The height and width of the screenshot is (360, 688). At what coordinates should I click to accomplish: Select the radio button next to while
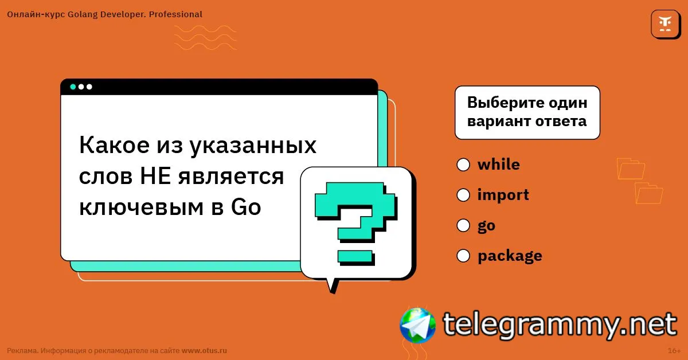point(463,165)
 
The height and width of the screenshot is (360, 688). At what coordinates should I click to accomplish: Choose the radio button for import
point(463,195)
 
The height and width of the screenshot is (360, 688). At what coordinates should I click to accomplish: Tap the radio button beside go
point(463,225)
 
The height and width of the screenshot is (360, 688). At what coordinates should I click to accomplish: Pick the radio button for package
point(463,256)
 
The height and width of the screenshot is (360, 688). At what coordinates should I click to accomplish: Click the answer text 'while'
point(498,164)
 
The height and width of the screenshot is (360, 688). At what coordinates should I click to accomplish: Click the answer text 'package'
point(510,256)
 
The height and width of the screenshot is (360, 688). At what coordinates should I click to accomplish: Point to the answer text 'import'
point(503,195)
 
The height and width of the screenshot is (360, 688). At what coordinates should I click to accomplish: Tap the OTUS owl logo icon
point(665,24)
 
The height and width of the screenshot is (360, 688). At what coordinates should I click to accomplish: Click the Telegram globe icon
point(418,325)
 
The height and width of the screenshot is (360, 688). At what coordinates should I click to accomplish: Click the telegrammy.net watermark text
point(560,324)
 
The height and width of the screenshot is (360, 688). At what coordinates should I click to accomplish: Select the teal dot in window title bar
point(73,87)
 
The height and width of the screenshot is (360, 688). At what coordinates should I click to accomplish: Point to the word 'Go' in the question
point(246,207)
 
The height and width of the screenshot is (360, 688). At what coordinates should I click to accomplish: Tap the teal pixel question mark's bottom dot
point(355,257)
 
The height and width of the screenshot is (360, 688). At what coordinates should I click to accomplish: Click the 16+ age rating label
point(674,350)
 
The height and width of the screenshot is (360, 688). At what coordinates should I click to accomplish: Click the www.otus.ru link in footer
point(204,350)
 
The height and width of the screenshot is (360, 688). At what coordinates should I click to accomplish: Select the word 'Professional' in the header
point(175,14)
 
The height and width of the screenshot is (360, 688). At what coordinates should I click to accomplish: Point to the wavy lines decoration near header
point(205,37)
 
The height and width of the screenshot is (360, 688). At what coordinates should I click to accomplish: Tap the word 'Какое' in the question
point(114,145)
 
